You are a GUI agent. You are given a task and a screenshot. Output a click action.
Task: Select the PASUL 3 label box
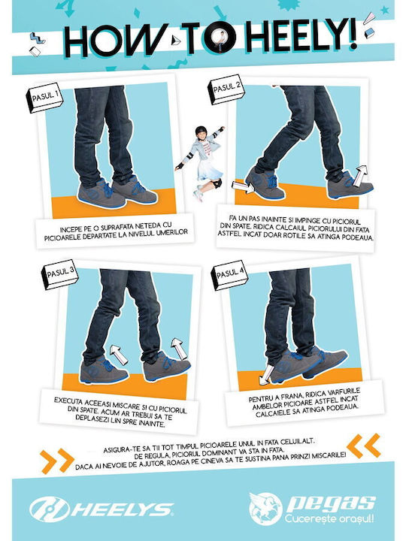[x=59, y=274]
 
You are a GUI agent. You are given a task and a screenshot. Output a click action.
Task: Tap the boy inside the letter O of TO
[x=220, y=40]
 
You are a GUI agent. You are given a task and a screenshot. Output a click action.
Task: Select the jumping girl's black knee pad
[x=217, y=183]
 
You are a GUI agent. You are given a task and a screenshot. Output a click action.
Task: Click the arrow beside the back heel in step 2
[x=243, y=186]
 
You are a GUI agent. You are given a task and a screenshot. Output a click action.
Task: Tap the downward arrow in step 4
[x=266, y=375]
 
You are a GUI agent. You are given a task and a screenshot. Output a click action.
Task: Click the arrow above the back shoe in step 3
[x=118, y=355]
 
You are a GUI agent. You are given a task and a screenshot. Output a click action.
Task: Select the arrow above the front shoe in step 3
[x=178, y=348]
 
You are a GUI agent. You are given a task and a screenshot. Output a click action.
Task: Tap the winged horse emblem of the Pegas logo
[x=265, y=509]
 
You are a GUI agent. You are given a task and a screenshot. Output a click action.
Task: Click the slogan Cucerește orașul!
[x=329, y=518]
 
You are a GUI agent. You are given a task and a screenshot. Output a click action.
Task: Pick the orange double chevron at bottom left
[x=57, y=461]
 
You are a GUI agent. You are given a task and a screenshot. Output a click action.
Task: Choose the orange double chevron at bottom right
[x=364, y=446]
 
